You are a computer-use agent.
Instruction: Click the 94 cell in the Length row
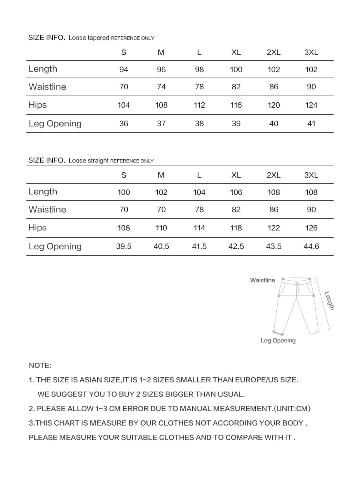tap(124, 70)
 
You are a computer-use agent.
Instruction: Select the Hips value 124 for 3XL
tap(311, 105)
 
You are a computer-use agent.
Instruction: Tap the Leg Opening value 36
tap(124, 124)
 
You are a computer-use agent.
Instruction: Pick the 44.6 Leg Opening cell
tap(311, 246)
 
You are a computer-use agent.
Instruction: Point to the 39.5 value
tap(124, 246)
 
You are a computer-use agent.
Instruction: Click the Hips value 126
tap(311, 228)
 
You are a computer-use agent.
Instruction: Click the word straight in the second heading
tap(98, 161)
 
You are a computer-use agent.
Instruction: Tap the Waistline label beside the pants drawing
tap(262, 280)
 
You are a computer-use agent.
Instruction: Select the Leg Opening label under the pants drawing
tap(278, 341)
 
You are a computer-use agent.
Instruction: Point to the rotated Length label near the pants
tap(329, 300)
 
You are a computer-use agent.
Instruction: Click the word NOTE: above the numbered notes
tap(40, 366)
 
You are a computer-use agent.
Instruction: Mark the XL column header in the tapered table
tap(236, 52)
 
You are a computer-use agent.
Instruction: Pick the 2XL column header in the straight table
tap(274, 175)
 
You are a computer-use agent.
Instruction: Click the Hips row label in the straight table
tap(38, 228)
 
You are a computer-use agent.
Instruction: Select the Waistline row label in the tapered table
tap(47, 87)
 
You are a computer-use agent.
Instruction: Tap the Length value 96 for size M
tap(161, 70)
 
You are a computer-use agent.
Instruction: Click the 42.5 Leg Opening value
tap(236, 246)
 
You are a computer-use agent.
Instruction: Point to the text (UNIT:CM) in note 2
tap(292, 409)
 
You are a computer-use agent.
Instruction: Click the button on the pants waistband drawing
tap(297, 283)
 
